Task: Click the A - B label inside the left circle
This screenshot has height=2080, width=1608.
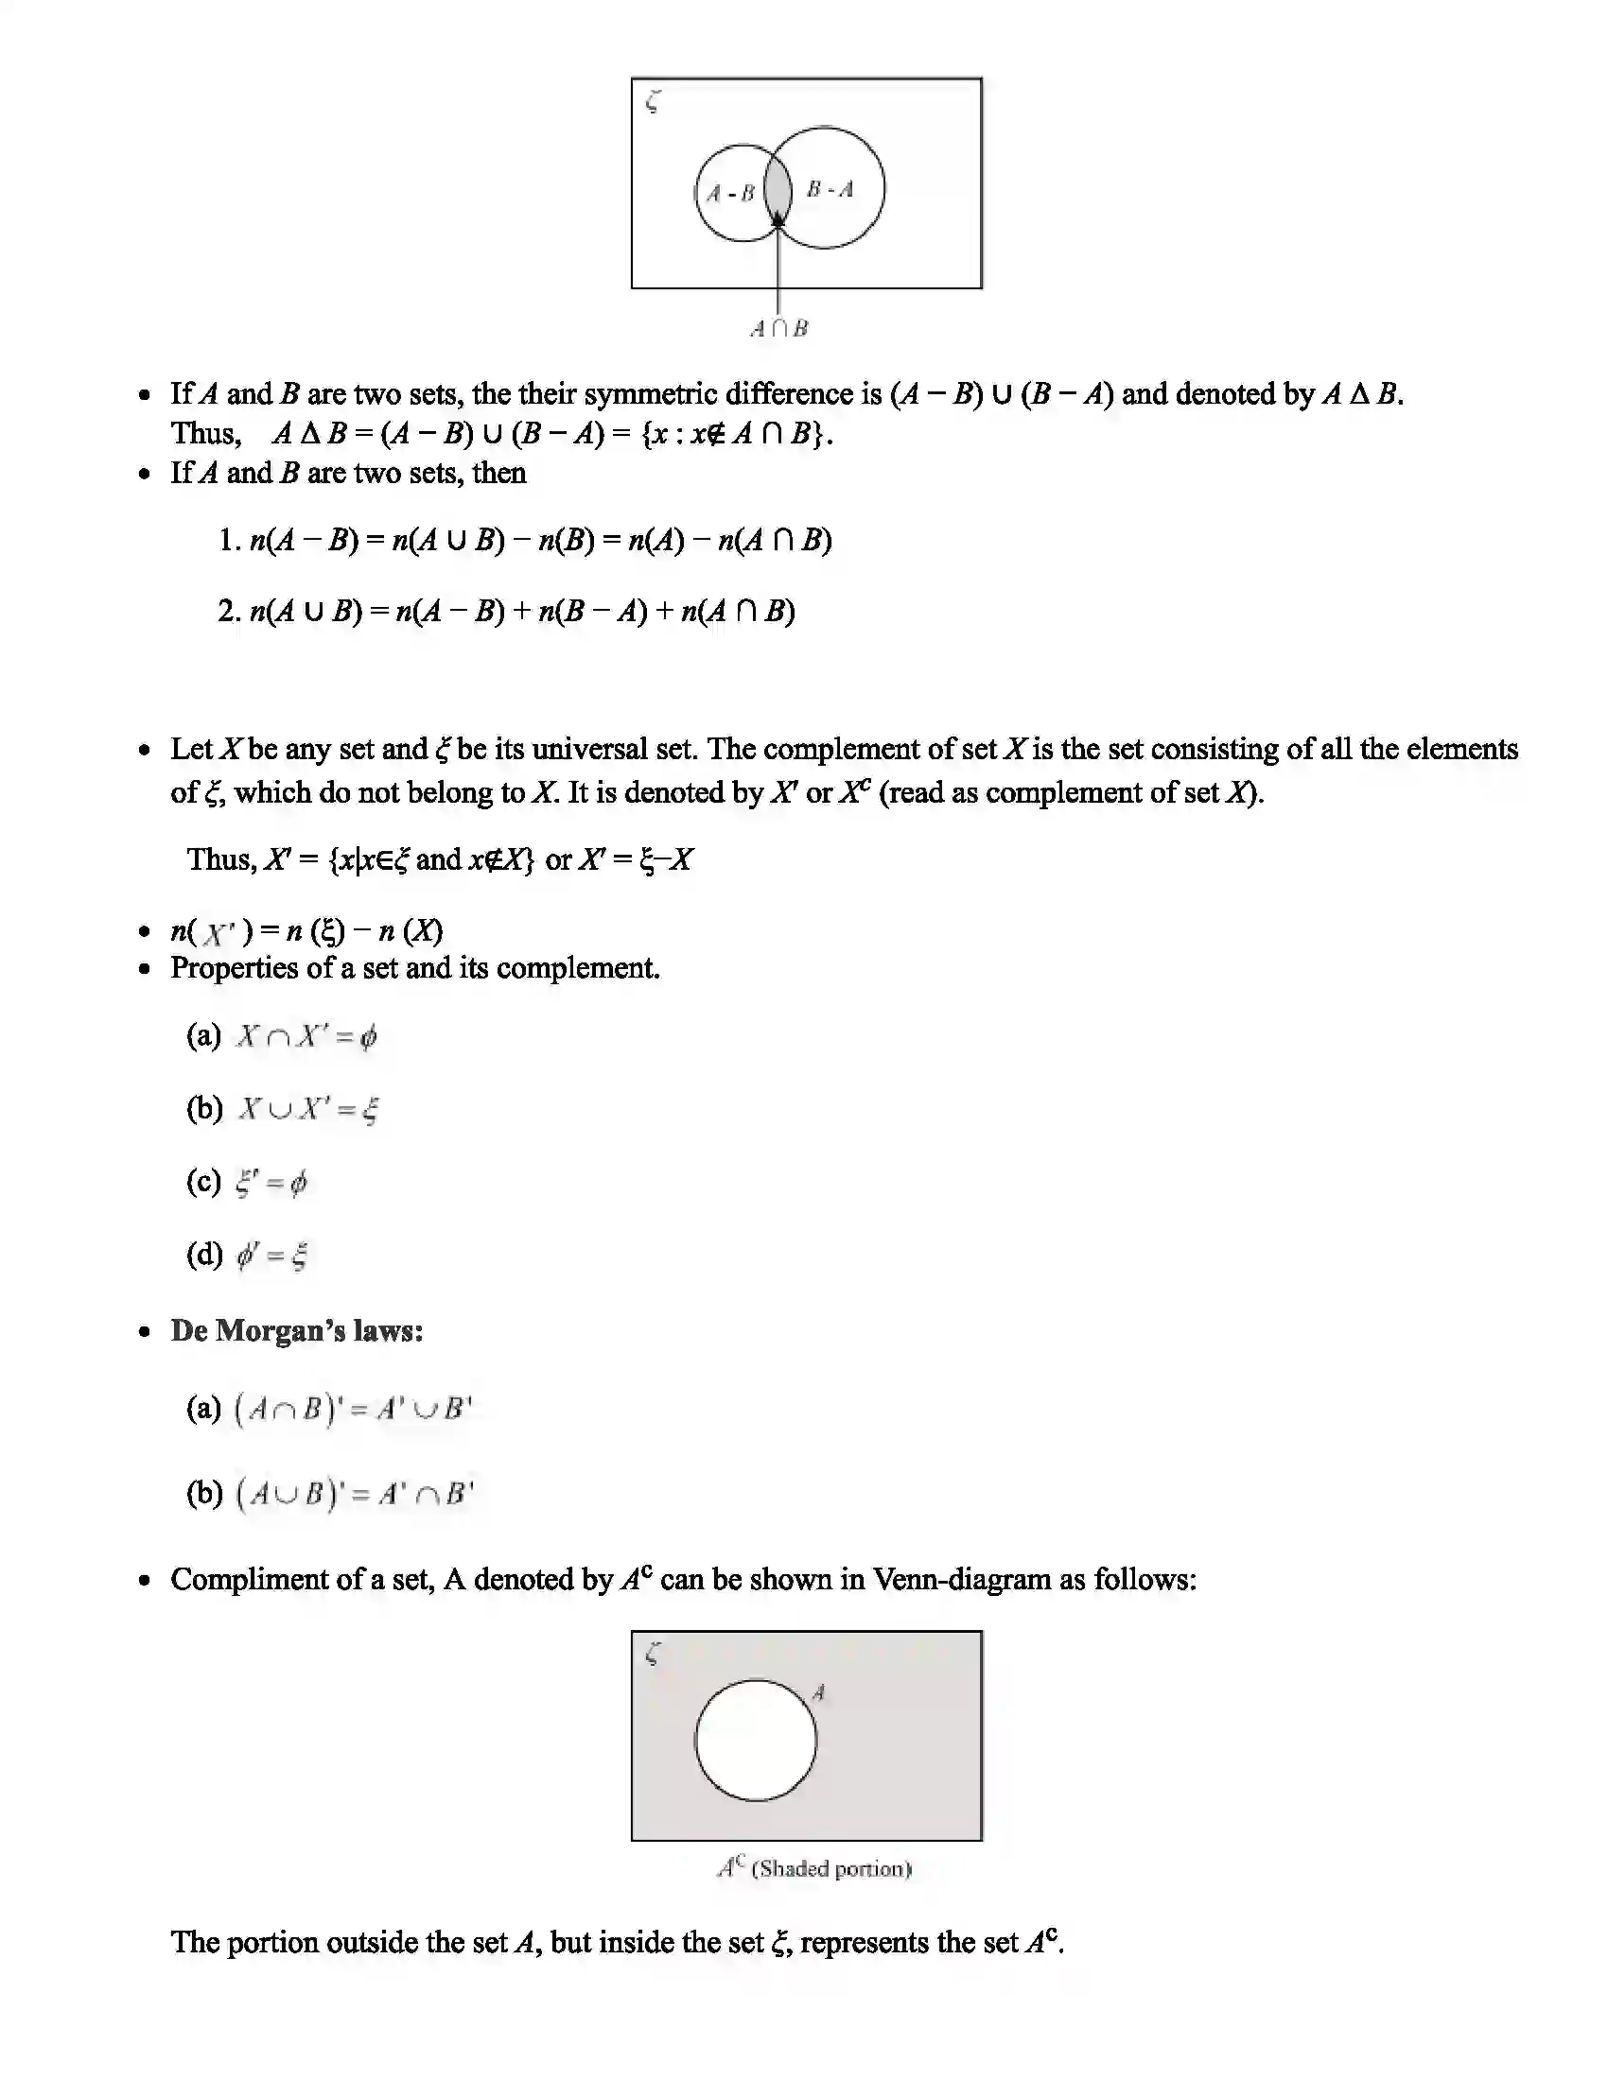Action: [x=730, y=193]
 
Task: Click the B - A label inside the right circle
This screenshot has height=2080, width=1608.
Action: [x=830, y=188]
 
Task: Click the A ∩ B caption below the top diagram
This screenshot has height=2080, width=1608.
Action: [x=778, y=329]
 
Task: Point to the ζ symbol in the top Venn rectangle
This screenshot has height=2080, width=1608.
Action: [x=653, y=101]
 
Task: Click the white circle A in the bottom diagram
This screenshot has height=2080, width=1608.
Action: [x=756, y=1740]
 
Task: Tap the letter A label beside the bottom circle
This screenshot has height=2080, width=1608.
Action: [x=818, y=1692]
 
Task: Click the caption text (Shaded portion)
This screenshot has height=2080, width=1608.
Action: [x=830, y=1868]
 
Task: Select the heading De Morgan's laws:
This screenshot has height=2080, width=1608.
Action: [x=296, y=1330]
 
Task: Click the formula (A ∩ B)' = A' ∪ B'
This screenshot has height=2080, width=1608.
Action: [x=354, y=1409]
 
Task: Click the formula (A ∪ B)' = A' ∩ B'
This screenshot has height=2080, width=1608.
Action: [x=354, y=1493]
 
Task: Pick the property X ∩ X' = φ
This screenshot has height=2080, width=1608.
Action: [x=306, y=1036]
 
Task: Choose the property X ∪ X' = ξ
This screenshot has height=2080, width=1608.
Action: [x=308, y=1109]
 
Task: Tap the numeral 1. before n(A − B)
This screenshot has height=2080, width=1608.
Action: [x=228, y=540]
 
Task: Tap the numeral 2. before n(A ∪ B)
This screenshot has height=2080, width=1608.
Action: [x=228, y=611]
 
